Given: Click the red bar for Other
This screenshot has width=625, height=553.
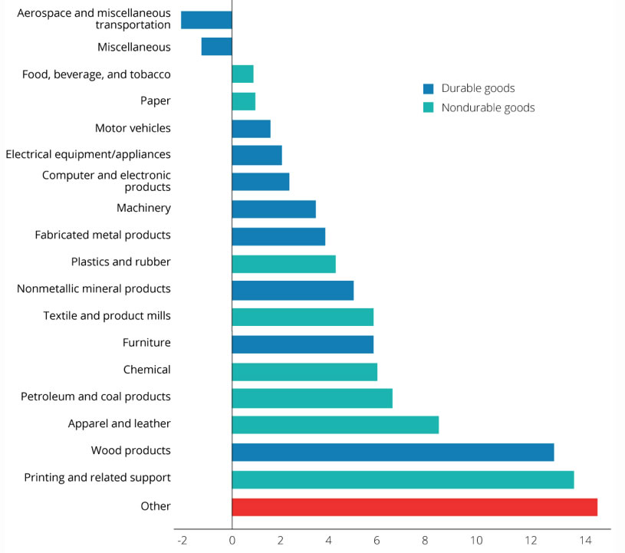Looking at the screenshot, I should [414, 507].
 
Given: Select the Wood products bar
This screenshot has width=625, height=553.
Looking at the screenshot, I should [393, 452].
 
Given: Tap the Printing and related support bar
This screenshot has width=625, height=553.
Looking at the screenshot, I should [403, 479].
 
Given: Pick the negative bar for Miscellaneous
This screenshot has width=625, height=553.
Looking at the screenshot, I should [216, 47].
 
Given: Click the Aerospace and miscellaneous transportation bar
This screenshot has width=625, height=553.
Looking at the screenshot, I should [206, 20].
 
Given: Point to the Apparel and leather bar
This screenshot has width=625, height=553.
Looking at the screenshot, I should [335, 425].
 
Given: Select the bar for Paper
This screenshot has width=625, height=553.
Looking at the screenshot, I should [243, 101].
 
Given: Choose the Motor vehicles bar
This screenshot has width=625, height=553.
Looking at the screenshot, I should [251, 128].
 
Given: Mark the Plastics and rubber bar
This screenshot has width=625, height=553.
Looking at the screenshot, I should [284, 263].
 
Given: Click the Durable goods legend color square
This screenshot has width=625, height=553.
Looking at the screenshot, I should [428, 88].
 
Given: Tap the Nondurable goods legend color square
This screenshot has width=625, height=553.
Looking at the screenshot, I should [428, 107].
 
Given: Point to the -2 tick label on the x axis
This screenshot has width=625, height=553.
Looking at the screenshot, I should [182, 540].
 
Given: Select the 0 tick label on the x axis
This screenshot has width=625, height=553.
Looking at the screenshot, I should [232, 540].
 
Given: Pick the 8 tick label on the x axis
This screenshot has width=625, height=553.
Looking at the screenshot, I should [427, 540].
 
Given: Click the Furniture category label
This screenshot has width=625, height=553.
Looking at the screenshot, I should [146, 343].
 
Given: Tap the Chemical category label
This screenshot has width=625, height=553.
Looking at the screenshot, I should [146, 370].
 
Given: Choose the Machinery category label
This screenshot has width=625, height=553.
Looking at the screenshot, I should [143, 208].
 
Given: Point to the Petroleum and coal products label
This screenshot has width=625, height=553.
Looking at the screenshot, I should [96, 397].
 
